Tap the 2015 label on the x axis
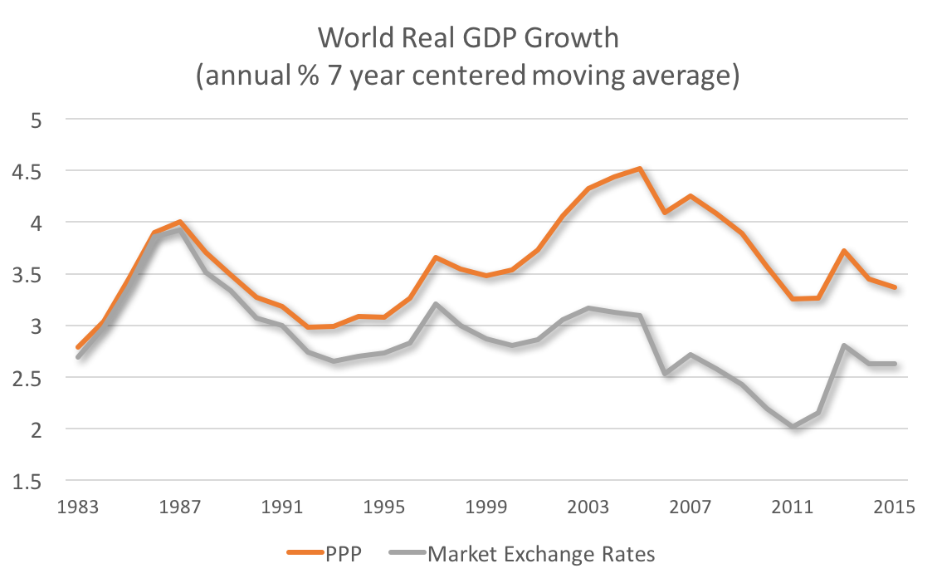coord(894,507)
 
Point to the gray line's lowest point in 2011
coord(794,427)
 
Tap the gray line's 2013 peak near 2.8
coord(844,345)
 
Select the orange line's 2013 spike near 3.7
coord(844,251)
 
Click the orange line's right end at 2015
coord(894,287)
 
